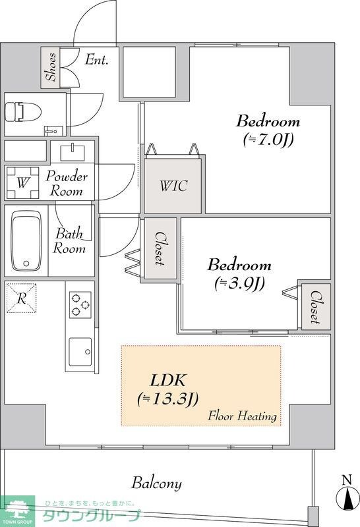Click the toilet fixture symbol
coord(22,112)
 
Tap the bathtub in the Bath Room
coord(26,240)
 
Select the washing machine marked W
coord(22,183)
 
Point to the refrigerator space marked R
coord(21,298)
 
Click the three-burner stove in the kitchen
coord(80,304)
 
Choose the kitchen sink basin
coord(80,352)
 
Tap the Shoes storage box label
coord(51,67)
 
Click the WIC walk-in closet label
coord(173,186)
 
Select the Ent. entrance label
coord(96,60)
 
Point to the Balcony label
coord(156,483)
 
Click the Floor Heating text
coord(242,416)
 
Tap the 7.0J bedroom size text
coord(268,140)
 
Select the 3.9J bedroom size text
coord(239,284)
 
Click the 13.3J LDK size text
coord(168,399)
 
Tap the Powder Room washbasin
coord(73,153)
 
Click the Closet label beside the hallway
coord(160,249)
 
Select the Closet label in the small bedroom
coord(315,306)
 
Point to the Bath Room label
coord(69,240)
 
